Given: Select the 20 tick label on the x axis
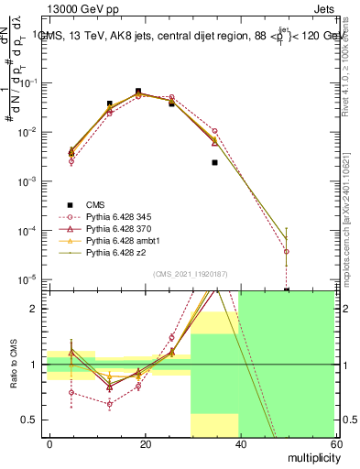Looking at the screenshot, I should tap(144, 443).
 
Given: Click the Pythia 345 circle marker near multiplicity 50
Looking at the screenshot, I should tap(287, 251).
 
